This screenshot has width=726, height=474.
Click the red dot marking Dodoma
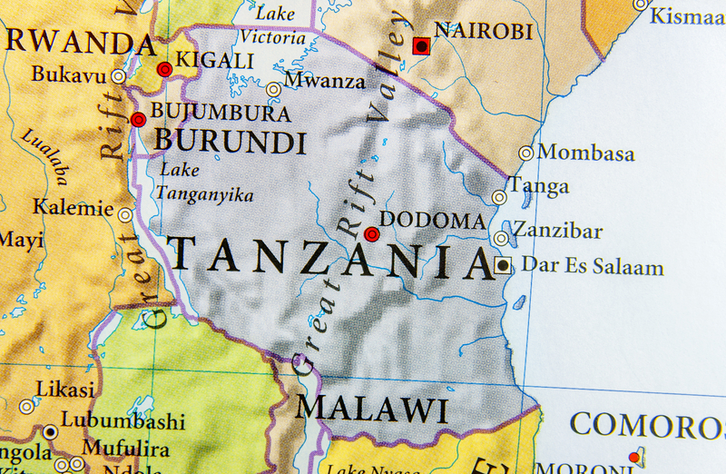371,234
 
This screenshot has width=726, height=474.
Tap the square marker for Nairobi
421,45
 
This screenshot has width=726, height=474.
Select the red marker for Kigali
164,69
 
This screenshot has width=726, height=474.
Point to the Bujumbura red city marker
138,119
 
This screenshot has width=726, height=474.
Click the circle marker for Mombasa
525,153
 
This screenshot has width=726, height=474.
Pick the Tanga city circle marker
499,197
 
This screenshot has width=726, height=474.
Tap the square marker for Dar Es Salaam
503,266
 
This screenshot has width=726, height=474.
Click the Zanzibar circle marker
501,238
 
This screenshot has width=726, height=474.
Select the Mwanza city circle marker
273,89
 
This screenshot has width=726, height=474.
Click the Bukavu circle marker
118,76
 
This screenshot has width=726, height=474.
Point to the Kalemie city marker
125,215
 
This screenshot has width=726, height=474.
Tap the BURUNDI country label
230,143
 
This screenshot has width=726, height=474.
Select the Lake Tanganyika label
204,182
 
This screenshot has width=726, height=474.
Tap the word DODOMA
432,221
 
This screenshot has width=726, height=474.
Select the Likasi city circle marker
27,407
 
